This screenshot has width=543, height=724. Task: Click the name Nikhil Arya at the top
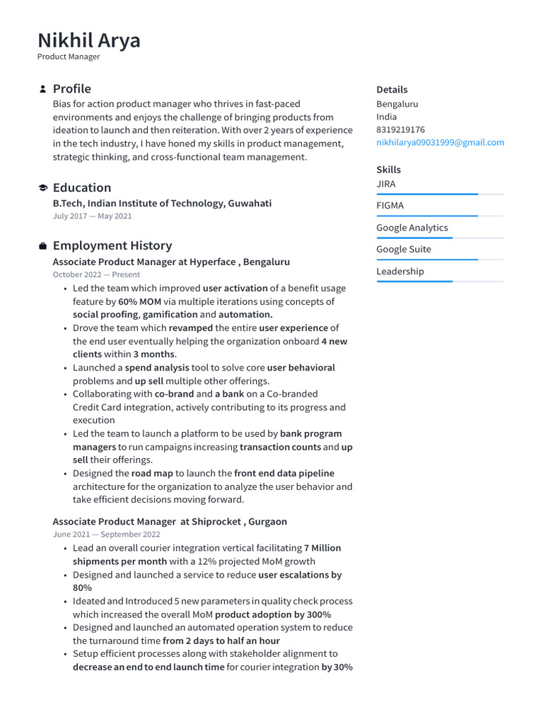[x=89, y=40]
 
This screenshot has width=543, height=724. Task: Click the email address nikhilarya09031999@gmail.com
[x=440, y=142]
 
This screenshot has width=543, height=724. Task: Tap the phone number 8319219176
[x=400, y=129]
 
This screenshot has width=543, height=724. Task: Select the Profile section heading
[x=71, y=88]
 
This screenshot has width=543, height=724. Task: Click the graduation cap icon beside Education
[x=42, y=188]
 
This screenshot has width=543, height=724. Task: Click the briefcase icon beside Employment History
[x=42, y=246]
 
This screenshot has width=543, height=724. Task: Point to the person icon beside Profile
[x=42, y=89]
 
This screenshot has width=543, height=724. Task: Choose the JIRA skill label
[x=386, y=184]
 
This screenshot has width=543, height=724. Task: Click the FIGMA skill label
[x=390, y=206]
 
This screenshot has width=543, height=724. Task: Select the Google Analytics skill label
[x=412, y=228]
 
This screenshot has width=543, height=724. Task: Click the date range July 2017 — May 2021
[x=92, y=216]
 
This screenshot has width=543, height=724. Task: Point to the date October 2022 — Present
[x=96, y=274]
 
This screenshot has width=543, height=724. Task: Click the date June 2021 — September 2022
[x=106, y=535]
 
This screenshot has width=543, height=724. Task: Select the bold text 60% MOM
[x=140, y=301]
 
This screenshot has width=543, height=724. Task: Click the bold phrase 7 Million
[x=322, y=548]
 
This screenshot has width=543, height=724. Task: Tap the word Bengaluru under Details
[x=397, y=104]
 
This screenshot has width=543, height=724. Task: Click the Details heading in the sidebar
[x=392, y=90]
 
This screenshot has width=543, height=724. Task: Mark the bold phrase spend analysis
[x=157, y=368]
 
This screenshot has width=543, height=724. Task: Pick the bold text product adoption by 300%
[x=273, y=614]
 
